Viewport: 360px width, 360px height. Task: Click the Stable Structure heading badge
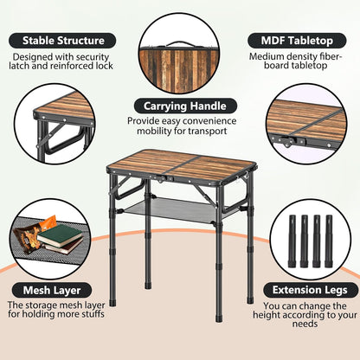(x=62, y=41)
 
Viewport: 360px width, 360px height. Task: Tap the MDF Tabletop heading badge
(x=297, y=41)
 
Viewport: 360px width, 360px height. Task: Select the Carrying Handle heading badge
(x=185, y=106)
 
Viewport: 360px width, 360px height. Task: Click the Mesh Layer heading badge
(x=52, y=290)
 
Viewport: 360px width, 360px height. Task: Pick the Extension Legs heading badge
(x=310, y=290)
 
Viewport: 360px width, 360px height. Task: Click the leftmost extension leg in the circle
(x=292, y=241)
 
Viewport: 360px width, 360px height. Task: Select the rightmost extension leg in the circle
(x=329, y=241)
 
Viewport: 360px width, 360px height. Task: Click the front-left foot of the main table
(x=112, y=302)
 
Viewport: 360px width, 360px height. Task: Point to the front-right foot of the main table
(x=219, y=318)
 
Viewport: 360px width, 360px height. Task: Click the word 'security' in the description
(x=93, y=57)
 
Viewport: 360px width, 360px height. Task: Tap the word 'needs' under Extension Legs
(x=305, y=324)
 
